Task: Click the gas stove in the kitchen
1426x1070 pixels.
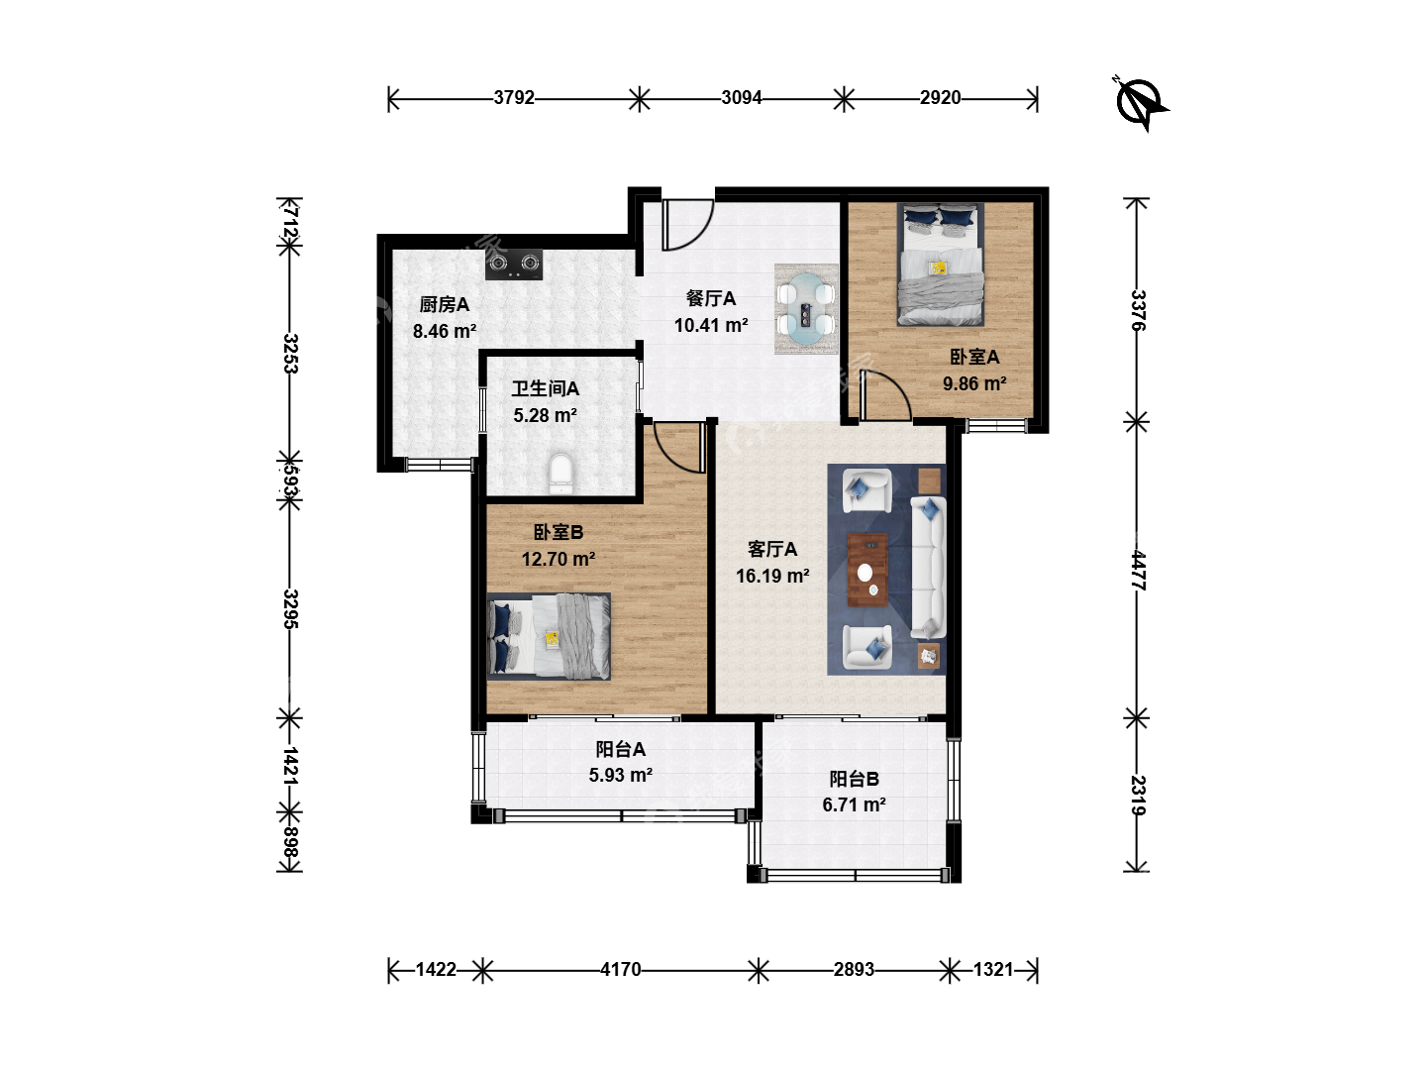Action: [513, 265]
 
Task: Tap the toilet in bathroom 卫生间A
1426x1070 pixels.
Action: [560, 474]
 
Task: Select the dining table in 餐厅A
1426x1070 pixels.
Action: [805, 309]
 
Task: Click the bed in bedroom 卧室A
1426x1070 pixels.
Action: [940, 265]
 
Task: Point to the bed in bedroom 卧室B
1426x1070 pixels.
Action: [549, 637]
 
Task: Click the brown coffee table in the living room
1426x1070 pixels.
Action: [867, 570]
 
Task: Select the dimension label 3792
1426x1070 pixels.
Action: [514, 97]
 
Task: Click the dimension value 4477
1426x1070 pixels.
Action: [1138, 571]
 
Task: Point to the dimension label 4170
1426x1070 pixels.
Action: [621, 970]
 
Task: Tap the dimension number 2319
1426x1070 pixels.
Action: [1138, 796]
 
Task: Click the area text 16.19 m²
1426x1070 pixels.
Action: [772, 576]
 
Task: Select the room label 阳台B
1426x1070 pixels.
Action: [855, 779]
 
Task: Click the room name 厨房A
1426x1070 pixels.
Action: [445, 304]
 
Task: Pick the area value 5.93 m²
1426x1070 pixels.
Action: [621, 775]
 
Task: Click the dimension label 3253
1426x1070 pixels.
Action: [290, 354]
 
